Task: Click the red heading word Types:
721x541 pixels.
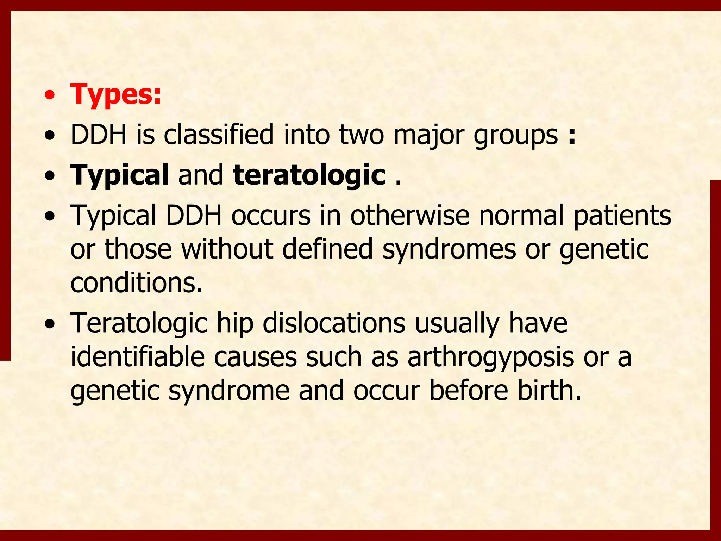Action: [x=116, y=94]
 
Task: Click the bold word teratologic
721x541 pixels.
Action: [x=309, y=175]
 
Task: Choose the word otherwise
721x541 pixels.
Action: [x=410, y=215]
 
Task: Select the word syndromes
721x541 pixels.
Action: [x=449, y=249]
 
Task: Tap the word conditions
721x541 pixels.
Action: [x=136, y=283]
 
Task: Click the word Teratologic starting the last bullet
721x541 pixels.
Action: [x=139, y=323]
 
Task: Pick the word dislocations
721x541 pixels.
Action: [x=334, y=323]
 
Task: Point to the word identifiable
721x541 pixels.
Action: [x=138, y=357]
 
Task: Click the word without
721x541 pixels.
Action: [x=227, y=249]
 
